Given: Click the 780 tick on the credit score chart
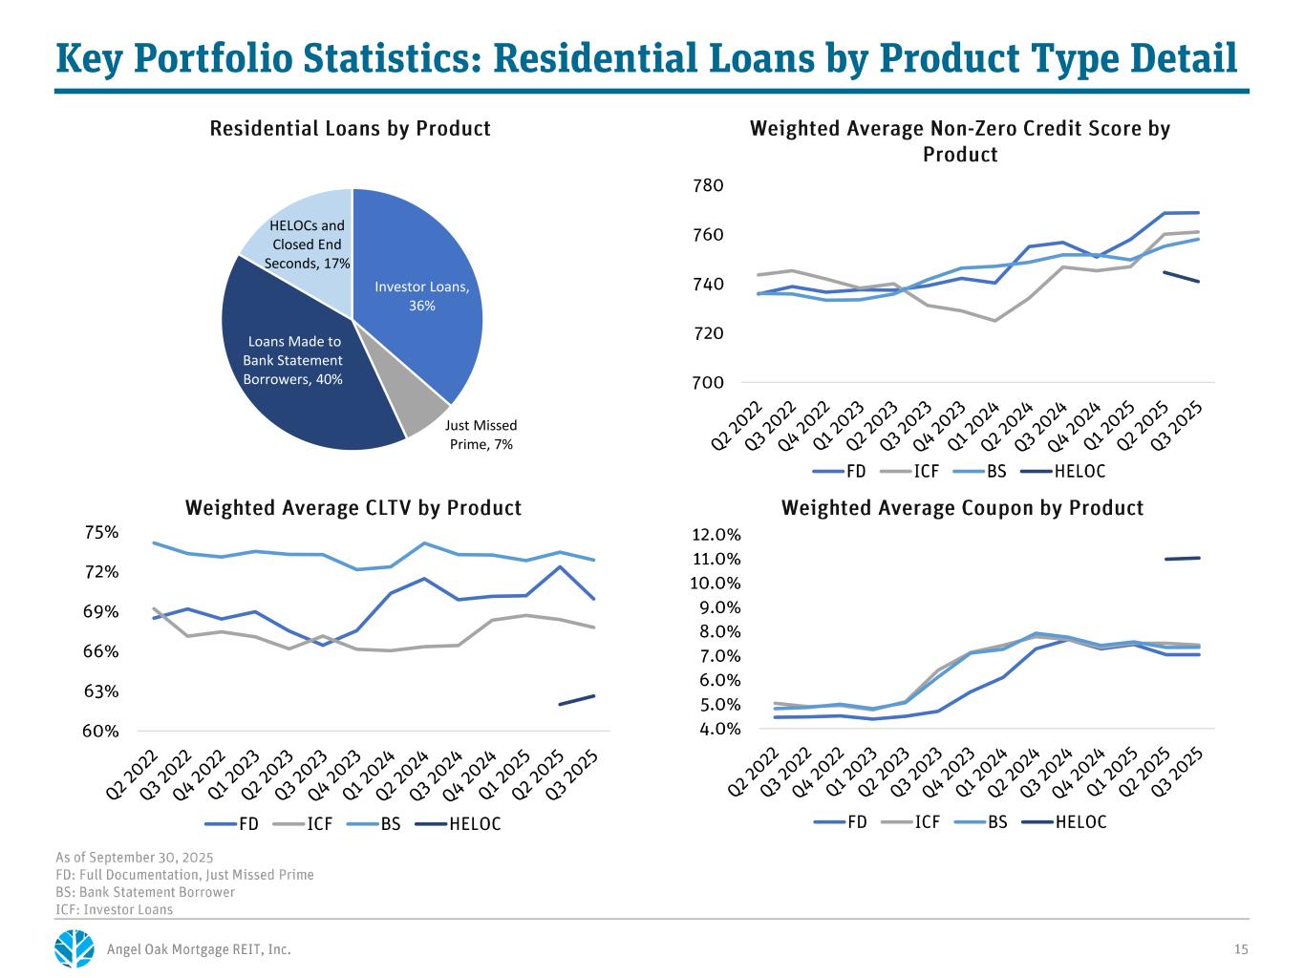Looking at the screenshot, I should click(709, 185).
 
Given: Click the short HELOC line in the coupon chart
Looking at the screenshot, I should click(1182, 559).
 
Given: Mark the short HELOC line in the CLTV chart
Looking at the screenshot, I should click(577, 700).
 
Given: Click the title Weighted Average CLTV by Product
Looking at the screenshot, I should click(353, 507).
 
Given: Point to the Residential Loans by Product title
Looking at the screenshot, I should click(350, 128).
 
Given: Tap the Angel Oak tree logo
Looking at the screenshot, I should click(75, 949).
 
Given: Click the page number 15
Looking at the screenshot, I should click(1241, 949).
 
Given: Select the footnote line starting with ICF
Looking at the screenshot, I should click(115, 909).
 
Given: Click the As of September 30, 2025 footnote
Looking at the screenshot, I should click(135, 857).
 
